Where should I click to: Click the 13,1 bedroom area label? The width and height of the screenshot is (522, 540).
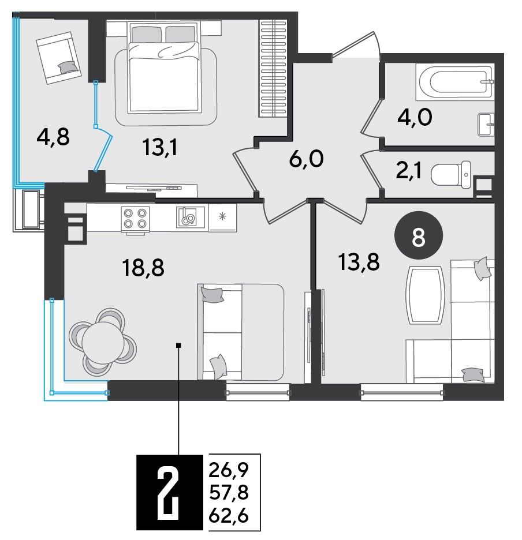(159, 148)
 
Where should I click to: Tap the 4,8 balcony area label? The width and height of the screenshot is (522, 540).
(53, 137)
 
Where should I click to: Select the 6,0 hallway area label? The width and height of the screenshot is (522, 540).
(306, 159)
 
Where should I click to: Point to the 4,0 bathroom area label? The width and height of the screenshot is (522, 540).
(415, 118)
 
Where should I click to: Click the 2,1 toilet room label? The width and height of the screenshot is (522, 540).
(409, 171)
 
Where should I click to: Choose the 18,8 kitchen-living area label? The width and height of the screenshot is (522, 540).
(143, 268)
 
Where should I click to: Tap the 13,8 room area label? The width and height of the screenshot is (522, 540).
(359, 262)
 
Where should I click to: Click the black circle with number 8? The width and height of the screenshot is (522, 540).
(418, 235)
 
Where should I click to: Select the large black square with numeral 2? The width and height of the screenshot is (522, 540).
(170, 492)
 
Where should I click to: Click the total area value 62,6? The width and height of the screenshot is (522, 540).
(229, 516)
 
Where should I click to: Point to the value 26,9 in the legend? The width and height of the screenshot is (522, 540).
(229, 470)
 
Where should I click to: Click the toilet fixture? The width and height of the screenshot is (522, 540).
(452, 175)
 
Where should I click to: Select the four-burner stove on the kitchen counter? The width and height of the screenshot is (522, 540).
(135, 219)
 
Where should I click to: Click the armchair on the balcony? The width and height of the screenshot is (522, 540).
(59, 58)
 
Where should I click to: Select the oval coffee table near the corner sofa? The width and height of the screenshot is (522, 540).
(426, 295)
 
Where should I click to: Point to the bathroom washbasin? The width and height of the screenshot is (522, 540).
(486, 124)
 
